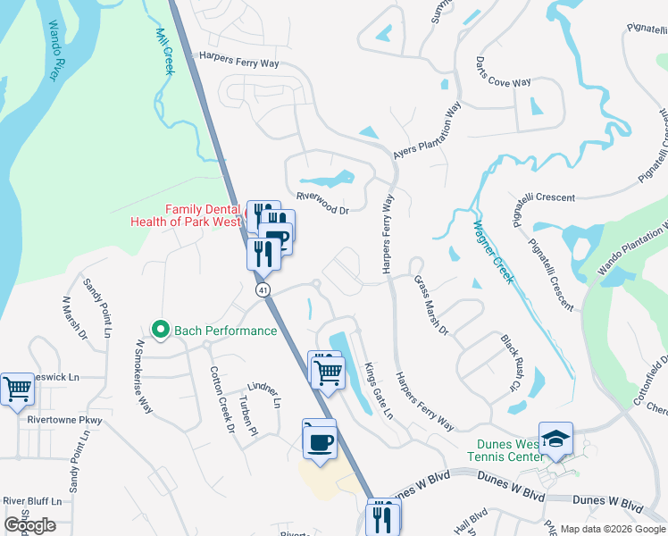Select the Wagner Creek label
tap(492, 252)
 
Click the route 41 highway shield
tap(262, 290)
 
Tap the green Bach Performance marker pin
tap(161, 331)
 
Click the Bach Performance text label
tap(226, 331)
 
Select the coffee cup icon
tap(320, 440)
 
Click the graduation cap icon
tap(555, 439)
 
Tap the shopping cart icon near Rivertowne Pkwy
tap(18, 389)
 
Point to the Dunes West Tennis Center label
tap(505, 451)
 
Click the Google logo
tap(30, 524)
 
